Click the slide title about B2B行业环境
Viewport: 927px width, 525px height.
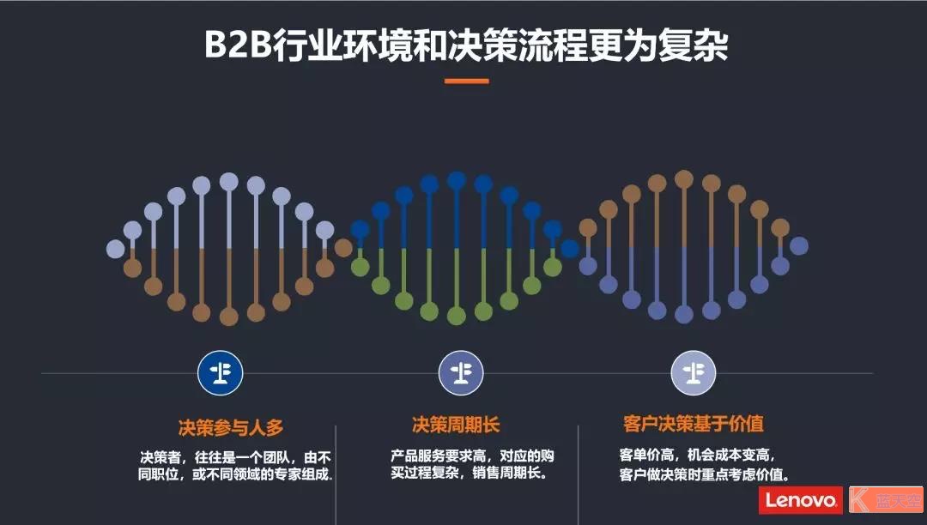[x=466, y=45]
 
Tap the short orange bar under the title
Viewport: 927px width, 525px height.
[x=466, y=81]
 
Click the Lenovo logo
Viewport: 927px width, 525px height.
[x=801, y=500]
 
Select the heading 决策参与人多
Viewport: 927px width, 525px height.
[x=231, y=427]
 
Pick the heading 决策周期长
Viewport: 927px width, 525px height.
[x=456, y=425]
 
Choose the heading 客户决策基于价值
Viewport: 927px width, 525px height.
[x=694, y=424]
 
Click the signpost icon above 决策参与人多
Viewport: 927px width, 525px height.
[x=221, y=372]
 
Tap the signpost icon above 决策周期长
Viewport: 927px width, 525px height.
[x=461, y=372]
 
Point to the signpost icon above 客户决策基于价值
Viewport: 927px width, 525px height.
[x=694, y=372]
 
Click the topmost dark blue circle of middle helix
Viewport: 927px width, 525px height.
[x=457, y=181]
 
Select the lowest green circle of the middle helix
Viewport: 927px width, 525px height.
[x=457, y=316]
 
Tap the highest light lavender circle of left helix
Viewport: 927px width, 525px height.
[x=229, y=182]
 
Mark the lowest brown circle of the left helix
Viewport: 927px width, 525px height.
[x=229, y=317]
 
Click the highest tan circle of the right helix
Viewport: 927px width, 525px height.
[x=684, y=179]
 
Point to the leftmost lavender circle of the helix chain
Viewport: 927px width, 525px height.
[x=115, y=249]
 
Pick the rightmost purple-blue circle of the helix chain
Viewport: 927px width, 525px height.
[x=799, y=245]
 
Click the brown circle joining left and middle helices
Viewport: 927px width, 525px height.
[x=342, y=247]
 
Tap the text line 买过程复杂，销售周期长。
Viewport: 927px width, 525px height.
[x=469, y=473]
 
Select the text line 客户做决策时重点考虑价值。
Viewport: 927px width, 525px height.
[x=705, y=474]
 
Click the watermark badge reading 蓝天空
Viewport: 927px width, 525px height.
[x=886, y=500]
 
